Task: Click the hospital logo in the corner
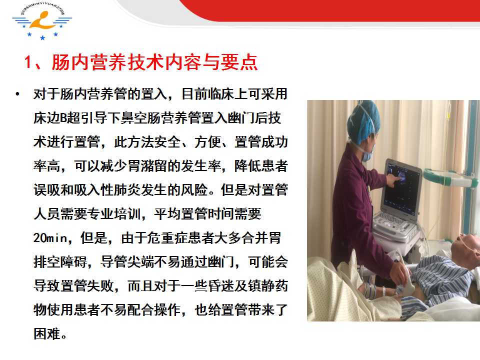pyautogui.click(x=42, y=21)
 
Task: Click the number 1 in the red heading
pyautogui.click(x=28, y=62)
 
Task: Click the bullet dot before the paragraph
pyautogui.click(x=17, y=94)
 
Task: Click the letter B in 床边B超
pyautogui.click(x=63, y=118)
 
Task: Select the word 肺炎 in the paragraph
pyautogui.click(x=127, y=190)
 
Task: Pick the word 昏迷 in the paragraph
pyautogui.click(x=221, y=286)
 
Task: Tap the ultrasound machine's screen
pyautogui.click(x=401, y=186)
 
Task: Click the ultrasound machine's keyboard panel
pyautogui.click(x=394, y=224)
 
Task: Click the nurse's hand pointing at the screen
pyautogui.click(x=391, y=179)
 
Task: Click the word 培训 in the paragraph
pyautogui.click(x=127, y=214)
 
